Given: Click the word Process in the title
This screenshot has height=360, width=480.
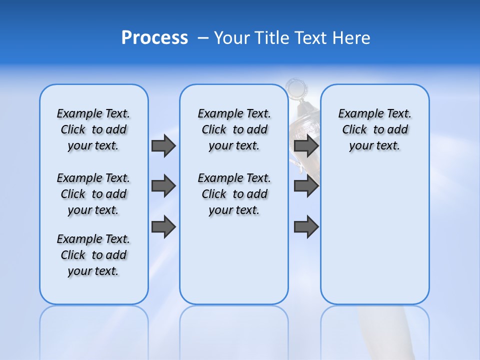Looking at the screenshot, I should (154, 38).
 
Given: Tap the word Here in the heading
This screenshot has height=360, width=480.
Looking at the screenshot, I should (353, 38).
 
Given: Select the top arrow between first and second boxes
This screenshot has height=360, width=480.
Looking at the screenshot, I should (163, 145).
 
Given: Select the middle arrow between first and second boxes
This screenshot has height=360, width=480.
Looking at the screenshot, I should (163, 186).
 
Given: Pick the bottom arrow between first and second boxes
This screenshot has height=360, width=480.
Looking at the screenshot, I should (163, 227).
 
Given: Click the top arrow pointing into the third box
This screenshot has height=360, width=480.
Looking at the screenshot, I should (306, 145).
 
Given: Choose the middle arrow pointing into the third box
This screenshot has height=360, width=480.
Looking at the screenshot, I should (306, 186).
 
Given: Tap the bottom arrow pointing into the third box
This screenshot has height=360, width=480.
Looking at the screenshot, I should (306, 227).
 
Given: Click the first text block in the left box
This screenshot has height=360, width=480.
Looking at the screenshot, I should (93, 129).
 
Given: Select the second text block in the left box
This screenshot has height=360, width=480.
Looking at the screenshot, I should (93, 194).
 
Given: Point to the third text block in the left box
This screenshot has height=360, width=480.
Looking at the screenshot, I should (93, 255).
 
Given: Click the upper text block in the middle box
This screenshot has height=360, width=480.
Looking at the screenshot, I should (234, 129).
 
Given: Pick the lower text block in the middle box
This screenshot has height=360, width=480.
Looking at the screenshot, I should (234, 194).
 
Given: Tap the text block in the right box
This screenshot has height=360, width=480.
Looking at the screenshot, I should (374, 129).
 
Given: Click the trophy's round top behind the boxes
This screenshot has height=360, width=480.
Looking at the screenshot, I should (296, 89).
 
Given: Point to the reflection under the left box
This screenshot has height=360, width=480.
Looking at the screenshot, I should (93, 330).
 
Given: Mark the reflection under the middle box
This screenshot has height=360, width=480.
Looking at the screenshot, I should (234, 330).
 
